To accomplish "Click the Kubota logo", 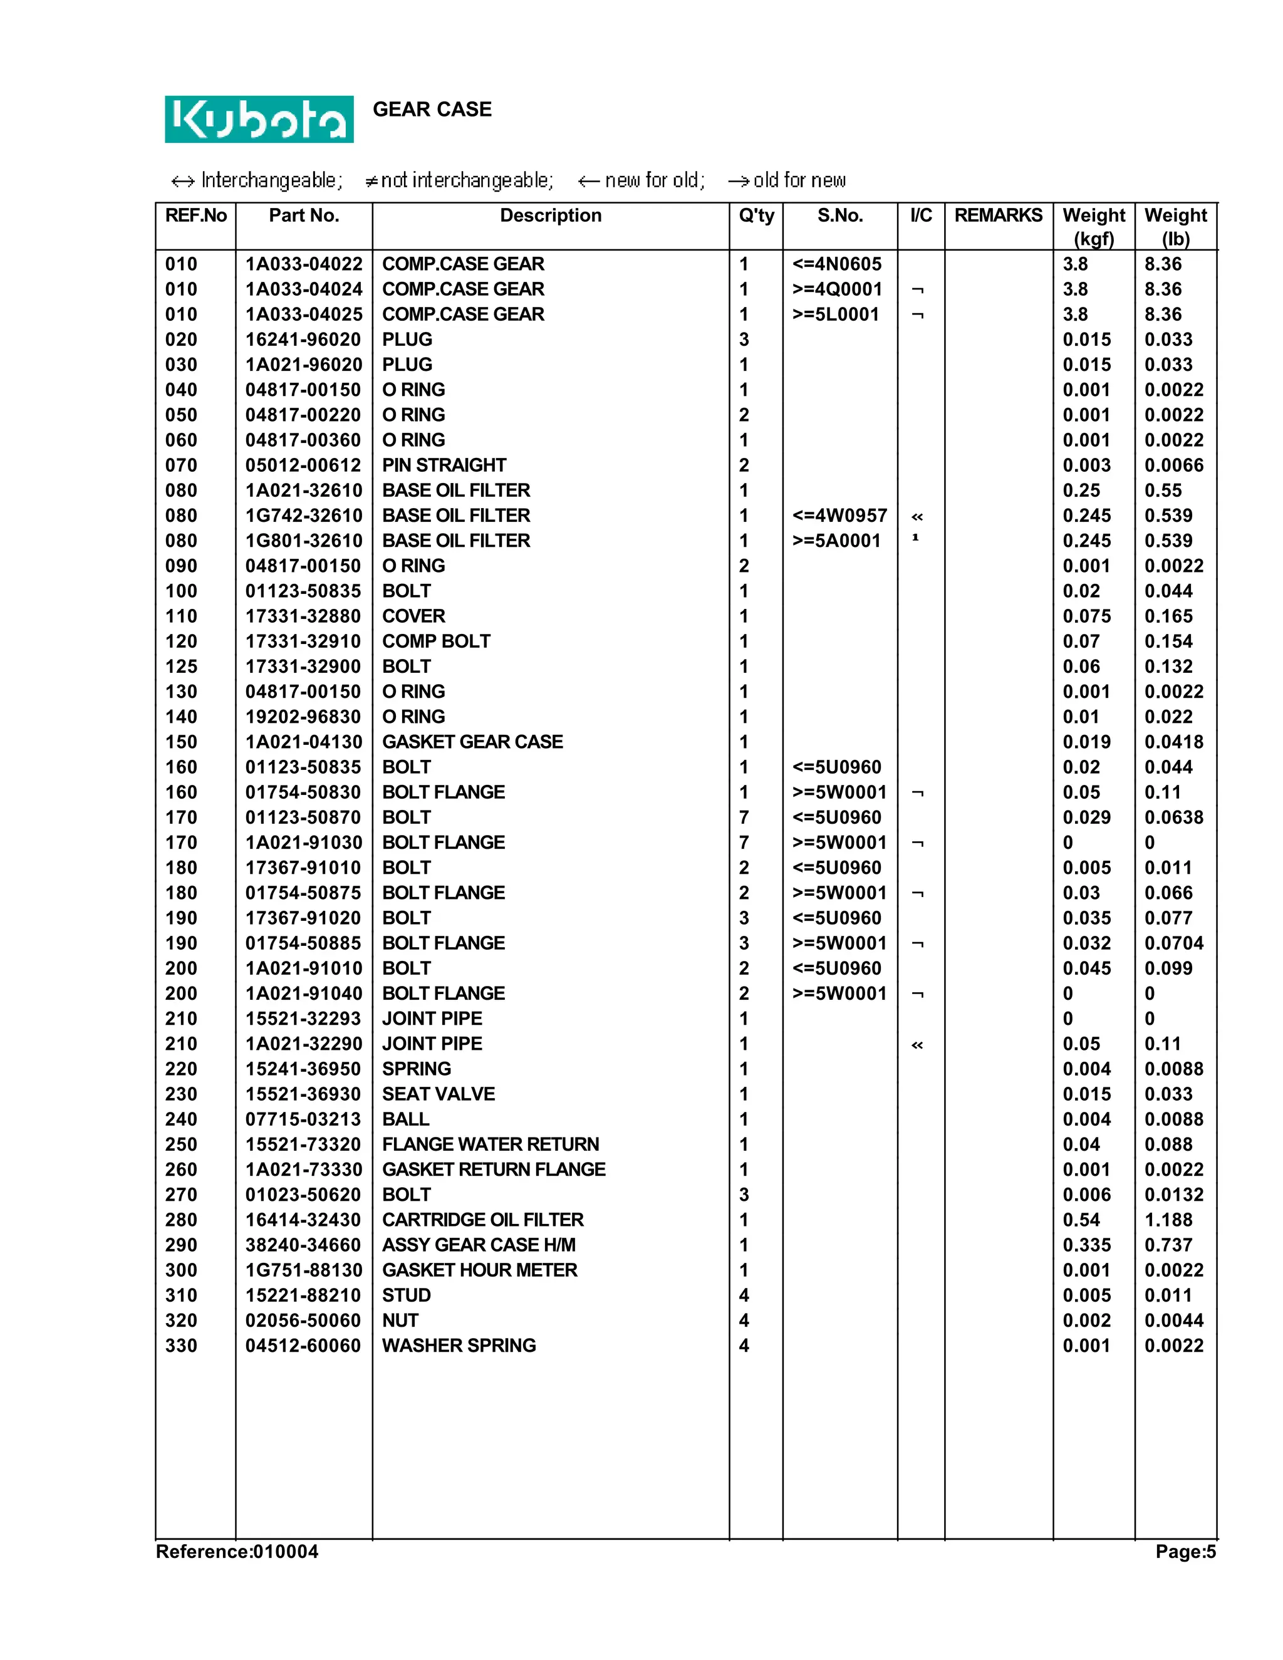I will tap(259, 119).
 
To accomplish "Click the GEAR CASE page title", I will tap(432, 110).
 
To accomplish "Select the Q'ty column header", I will tap(756, 216).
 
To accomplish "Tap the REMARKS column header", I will tap(998, 216).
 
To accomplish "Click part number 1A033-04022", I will tap(303, 264).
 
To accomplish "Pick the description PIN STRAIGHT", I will tap(444, 465).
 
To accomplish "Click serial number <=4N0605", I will tap(836, 264).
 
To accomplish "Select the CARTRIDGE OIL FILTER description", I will tap(482, 1220).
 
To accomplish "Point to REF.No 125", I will tap(181, 667).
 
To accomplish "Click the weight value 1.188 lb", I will tap(1168, 1220).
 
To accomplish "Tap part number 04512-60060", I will tap(303, 1346).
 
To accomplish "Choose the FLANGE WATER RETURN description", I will tap(491, 1144).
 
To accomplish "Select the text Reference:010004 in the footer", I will tap(237, 1552).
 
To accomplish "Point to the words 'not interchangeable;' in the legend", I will tap(466, 181).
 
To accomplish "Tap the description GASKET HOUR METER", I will tap(480, 1270).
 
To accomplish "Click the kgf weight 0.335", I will tap(1086, 1245).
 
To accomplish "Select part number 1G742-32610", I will tap(303, 516).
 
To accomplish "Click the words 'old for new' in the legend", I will tap(799, 181).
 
